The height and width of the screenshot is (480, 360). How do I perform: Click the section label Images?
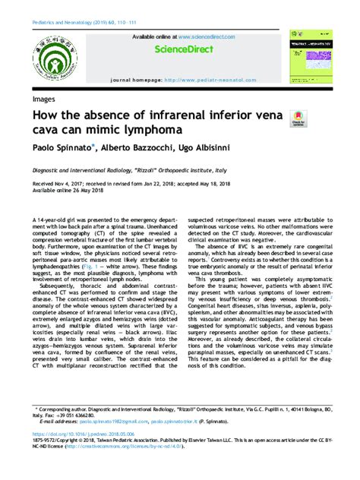click(43, 99)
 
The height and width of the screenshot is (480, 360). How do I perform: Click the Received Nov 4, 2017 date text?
click(58, 183)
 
